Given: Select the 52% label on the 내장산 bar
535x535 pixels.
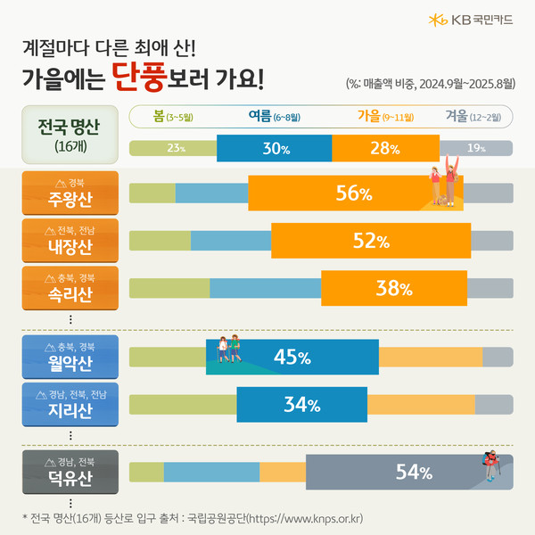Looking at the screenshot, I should coord(371,241).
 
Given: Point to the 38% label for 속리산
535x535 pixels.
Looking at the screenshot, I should coord(392,288).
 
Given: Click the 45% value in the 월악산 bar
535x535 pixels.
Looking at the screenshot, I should coord(292,358).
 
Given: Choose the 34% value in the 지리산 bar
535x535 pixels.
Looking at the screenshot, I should coord(301,405).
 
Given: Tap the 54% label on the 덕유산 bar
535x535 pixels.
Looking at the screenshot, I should coord(413,472).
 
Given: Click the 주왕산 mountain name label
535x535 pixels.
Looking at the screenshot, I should coord(70,193).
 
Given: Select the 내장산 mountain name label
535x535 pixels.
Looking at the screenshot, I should coord(70,240).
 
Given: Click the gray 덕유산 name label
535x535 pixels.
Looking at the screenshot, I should coord(70,472).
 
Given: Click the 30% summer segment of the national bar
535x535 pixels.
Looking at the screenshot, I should coord(274,148).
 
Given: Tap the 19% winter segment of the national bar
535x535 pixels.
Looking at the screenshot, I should coord(476,148).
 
